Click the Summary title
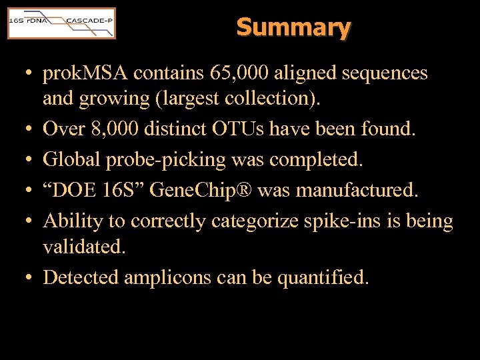293,27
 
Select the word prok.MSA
87,73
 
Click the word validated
84,247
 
